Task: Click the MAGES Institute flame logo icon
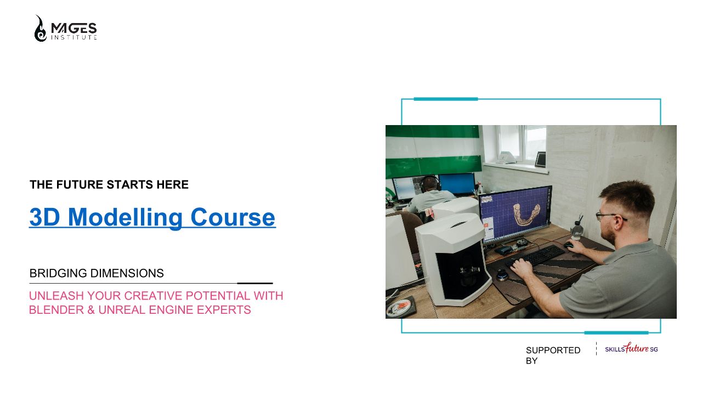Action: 40,29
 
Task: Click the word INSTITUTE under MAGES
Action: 74,37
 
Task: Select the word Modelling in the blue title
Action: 125,217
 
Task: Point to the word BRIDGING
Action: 58,273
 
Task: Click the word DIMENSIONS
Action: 127,273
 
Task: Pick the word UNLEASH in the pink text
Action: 56,296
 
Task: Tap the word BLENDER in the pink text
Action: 56,310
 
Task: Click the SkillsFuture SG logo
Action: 631,348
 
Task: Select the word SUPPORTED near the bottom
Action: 553,351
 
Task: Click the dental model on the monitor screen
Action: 526,214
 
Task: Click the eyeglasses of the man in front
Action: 609,216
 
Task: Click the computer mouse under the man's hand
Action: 569,245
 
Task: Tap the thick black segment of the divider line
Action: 255,284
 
